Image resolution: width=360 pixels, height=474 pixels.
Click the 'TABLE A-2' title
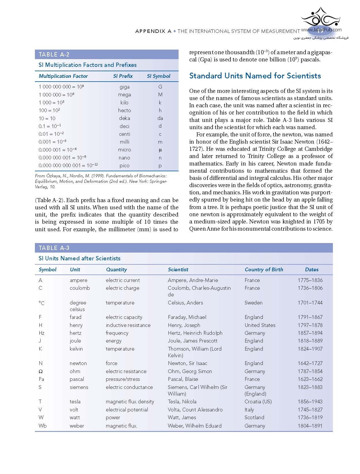tap(54, 54)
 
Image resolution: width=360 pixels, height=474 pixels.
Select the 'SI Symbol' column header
tap(158, 76)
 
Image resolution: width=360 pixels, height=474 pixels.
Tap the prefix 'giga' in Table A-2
tap(124, 87)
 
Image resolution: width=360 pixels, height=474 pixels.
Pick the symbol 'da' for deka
tap(160, 118)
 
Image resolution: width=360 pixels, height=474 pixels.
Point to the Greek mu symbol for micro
tap(160, 150)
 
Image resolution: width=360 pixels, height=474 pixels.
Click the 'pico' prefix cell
tap(124, 166)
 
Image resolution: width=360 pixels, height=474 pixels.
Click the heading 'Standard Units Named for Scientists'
tap(255, 76)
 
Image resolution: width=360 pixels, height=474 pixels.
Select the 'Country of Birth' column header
tap(264, 270)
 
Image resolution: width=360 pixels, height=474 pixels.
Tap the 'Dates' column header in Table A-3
tap(312, 270)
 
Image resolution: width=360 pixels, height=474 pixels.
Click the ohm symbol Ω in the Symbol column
tap(41, 371)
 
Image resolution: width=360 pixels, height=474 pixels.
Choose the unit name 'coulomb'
tap(80, 288)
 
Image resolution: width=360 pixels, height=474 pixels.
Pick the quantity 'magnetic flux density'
tap(130, 402)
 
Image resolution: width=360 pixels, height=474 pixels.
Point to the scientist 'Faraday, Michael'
tap(187, 317)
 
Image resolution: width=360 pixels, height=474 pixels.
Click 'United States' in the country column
tap(260, 325)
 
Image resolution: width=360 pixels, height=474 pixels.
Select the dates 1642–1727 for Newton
tap(310, 363)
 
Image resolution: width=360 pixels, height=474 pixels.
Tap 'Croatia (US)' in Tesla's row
tap(258, 402)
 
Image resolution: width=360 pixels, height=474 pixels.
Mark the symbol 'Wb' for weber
tap(42, 426)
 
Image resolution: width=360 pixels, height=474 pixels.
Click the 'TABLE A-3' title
tap(54, 248)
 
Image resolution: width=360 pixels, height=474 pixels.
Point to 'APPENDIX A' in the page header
tap(153, 31)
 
